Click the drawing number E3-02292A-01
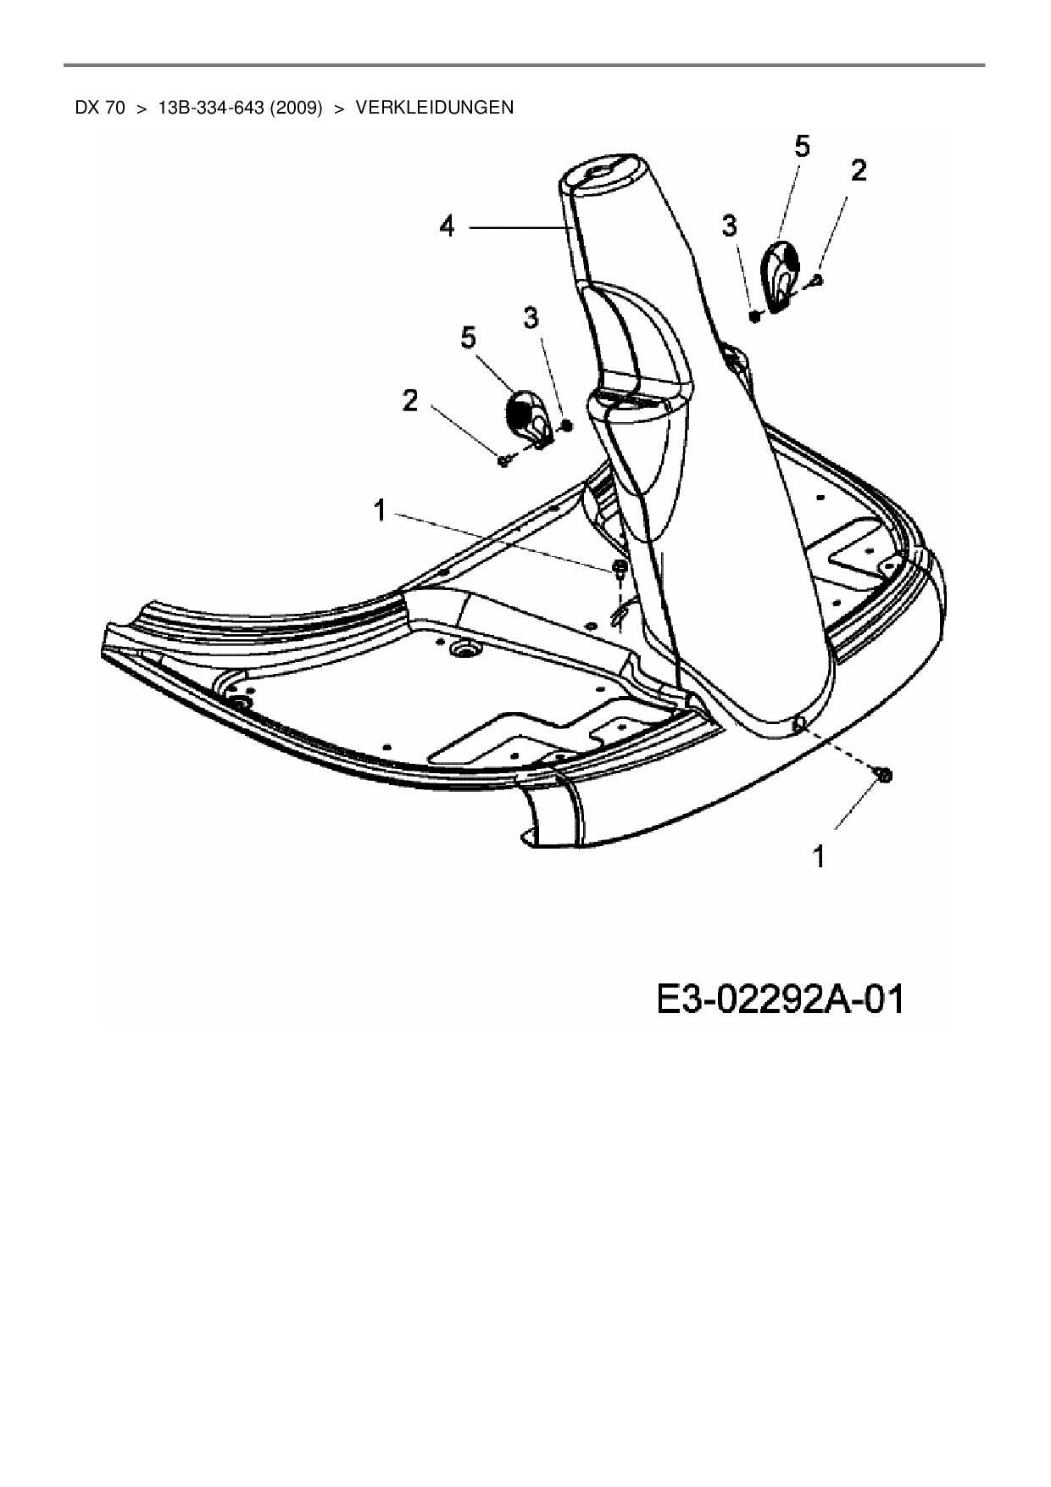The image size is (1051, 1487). pos(779,1000)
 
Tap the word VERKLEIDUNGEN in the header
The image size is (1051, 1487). pos(435,108)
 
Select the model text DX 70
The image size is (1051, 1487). pos(100,108)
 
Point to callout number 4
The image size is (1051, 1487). pos(447,226)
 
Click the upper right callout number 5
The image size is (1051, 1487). pos(801,147)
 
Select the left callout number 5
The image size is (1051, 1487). pos(468,337)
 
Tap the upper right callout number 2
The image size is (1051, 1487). pos(859,171)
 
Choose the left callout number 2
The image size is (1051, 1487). pos(410,401)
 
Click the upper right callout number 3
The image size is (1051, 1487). pos(729,226)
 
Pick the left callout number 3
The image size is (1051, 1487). pos(531,318)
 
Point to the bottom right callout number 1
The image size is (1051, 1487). pos(819,857)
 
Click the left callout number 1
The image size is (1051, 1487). pos(380,510)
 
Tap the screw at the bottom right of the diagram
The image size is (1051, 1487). pos(881,774)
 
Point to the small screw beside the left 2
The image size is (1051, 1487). pos(504,459)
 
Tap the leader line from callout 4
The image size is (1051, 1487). pos(516,227)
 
